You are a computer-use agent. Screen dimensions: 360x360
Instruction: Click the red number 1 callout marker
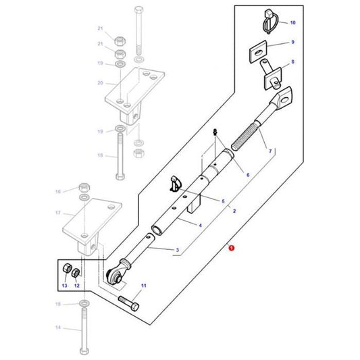[x=232, y=249]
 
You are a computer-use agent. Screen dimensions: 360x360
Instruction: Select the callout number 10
[x=292, y=23]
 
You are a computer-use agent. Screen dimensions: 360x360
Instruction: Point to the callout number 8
[x=292, y=62]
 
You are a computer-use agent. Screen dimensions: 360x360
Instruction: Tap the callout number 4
[x=200, y=225]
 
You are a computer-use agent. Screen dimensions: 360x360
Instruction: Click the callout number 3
[x=177, y=251]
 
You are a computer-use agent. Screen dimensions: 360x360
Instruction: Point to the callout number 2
[x=234, y=211]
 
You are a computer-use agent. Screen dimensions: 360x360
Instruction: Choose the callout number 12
[x=76, y=286]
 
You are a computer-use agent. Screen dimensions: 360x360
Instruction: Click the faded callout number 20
[x=99, y=83]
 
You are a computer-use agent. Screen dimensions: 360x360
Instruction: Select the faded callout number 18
[x=100, y=155]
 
